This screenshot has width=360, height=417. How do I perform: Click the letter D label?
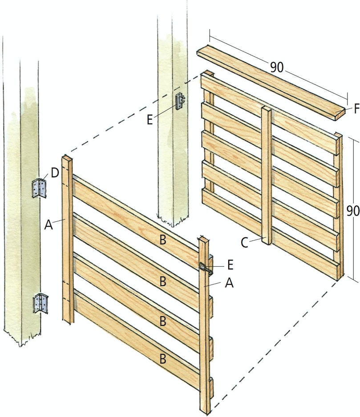click(55, 173)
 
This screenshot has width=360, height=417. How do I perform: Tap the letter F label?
click(356, 108)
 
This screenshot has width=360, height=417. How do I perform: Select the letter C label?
click(244, 243)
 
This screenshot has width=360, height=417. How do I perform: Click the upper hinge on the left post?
click(39, 188)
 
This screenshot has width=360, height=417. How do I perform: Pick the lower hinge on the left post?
click(40, 303)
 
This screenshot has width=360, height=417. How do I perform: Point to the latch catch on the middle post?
click(180, 101)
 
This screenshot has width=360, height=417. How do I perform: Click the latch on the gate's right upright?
click(206, 268)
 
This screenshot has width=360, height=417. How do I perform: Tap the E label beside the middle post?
click(150, 120)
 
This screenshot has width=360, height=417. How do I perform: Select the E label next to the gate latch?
click(231, 265)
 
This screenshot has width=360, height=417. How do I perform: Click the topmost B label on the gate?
click(163, 240)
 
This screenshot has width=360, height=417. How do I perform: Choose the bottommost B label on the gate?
click(163, 359)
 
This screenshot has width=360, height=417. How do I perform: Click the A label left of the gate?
click(49, 225)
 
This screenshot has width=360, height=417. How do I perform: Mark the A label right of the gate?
click(229, 283)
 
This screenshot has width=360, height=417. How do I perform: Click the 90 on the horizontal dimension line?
click(277, 67)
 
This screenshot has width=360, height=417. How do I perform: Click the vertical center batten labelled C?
click(267, 176)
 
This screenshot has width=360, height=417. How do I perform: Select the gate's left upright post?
click(68, 239)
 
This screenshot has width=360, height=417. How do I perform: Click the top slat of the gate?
click(136, 221)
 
